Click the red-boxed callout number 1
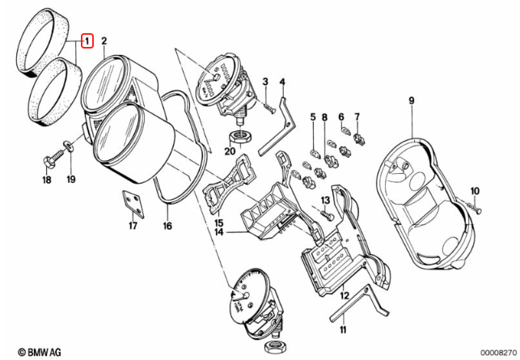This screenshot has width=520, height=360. [x=87, y=39]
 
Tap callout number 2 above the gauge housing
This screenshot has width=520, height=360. [x=104, y=39]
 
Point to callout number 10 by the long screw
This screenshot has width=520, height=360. [x=475, y=191]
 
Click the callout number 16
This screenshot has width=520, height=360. [x=167, y=227]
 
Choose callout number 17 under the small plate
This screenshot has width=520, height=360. [x=132, y=227]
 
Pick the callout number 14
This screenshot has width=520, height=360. [x=218, y=233]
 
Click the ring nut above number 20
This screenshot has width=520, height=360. [x=241, y=134]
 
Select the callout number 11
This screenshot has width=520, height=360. [x=342, y=331]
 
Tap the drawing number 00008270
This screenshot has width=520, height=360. [x=490, y=352]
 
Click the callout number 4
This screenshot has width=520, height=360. [x=282, y=82]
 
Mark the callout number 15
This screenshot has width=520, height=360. [x=218, y=222]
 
